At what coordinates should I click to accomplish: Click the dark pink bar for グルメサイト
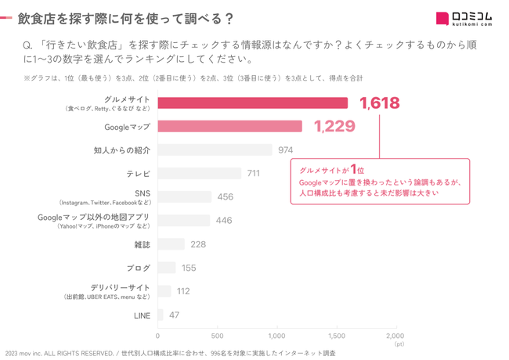click(252, 103)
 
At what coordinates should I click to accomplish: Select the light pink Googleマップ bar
click(229, 126)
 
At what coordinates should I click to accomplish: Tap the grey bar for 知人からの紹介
click(215, 150)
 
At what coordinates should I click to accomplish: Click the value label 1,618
click(379, 103)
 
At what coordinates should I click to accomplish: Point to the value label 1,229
click(334, 126)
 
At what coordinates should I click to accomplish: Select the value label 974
click(285, 150)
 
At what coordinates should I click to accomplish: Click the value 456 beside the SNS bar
click(225, 197)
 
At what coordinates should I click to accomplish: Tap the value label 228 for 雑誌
click(197, 244)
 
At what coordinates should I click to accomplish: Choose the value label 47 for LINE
click(174, 315)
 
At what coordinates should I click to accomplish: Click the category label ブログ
click(138, 268)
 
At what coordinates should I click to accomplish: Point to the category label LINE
click(142, 315)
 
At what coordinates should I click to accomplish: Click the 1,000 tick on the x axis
click(277, 336)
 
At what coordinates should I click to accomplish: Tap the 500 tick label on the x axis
click(217, 336)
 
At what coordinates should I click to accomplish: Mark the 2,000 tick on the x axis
click(395, 336)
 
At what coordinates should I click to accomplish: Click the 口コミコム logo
click(464, 19)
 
